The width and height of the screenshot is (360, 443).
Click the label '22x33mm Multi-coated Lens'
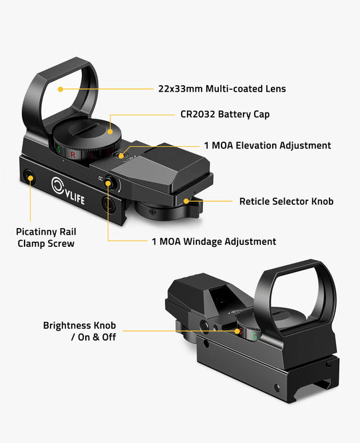[x=222, y=88]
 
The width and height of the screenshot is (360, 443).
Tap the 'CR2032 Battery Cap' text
[x=225, y=114]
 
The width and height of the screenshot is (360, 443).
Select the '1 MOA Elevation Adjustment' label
[x=268, y=146]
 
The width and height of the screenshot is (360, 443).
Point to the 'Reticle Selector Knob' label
[x=286, y=202]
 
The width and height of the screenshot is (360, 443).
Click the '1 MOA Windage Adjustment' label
[x=214, y=241]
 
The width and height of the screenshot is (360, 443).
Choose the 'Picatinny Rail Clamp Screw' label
[x=46, y=237]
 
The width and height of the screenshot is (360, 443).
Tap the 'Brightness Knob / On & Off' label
[x=79, y=331]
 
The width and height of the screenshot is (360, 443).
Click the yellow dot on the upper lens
[x=60, y=89]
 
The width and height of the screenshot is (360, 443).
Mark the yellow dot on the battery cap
[x=110, y=132]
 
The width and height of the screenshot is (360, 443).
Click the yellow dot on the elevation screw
[x=121, y=156]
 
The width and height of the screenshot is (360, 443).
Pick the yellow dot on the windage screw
[x=108, y=184]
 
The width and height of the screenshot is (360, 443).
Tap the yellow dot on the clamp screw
[x=30, y=178]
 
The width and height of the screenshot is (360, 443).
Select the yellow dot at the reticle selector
[x=186, y=201]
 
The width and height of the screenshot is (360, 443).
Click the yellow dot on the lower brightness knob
[x=237, y=331]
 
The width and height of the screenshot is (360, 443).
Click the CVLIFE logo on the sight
[x=68, y=191]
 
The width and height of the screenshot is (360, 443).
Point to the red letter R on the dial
[x=73, y=154]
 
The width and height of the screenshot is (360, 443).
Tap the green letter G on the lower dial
[x=254, y=336]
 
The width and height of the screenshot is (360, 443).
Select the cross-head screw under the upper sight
[x=153, y=212]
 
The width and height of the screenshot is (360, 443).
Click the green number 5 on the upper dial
[x=59, y=150]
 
